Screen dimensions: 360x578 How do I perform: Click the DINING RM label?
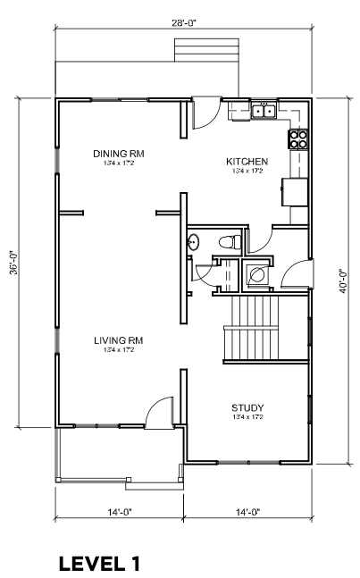tap(118, 154)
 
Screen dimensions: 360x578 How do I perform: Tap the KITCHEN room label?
tap(247, 162)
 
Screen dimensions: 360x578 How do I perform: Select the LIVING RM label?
tap(118, 340)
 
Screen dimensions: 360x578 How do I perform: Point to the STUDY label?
tap(247, 407)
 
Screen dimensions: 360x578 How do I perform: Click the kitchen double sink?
tap(264, 111)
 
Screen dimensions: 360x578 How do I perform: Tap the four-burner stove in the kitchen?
tap(297, 139)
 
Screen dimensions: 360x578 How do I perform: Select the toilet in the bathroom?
tap(230, 243)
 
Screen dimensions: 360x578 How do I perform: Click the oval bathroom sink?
tap(193, 243)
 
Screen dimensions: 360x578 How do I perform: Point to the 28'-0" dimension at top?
tap(184, 23)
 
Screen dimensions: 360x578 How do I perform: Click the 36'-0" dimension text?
tap(13, 263)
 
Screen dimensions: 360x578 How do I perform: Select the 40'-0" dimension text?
tap(344, 281)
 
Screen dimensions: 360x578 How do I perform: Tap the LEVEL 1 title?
tap(99, 564)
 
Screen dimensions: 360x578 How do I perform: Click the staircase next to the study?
tap(265, 328)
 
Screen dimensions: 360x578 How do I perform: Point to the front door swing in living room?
tap(159, 412)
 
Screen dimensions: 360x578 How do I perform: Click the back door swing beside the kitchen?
tap(206, 114)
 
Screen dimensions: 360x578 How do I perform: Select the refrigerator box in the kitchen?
tap(295, 192)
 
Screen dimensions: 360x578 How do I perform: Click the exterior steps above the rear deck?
tap(206, 49)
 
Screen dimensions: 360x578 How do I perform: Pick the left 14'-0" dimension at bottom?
tap(120, 512)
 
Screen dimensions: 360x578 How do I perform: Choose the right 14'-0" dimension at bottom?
tap(247, 512)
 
